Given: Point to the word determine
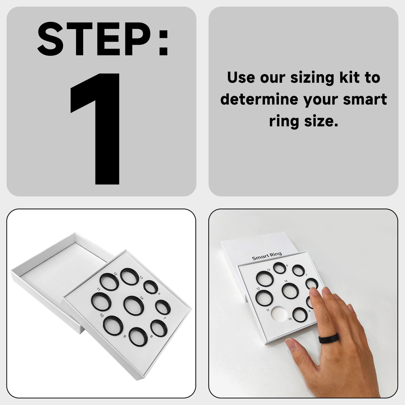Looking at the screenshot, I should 259,99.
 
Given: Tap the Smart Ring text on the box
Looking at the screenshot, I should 267,256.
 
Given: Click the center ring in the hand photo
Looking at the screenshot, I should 290,290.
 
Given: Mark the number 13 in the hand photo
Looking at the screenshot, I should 269,270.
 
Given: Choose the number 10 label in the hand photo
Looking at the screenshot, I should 290,319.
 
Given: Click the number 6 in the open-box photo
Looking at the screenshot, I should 159,294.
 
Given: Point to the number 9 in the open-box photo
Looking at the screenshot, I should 125,336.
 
